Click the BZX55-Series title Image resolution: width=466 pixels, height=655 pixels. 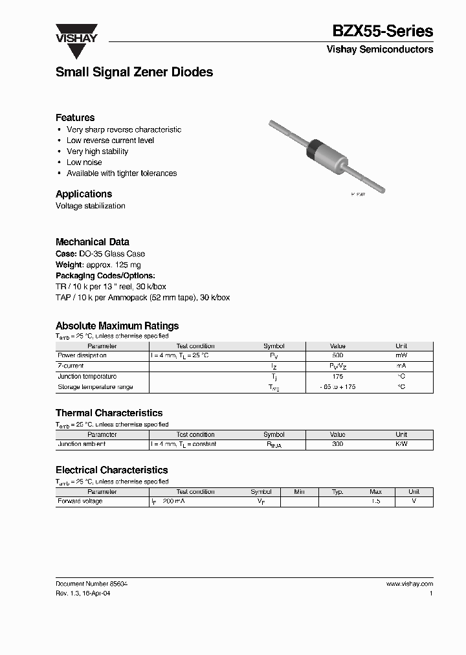(x=383, y=31)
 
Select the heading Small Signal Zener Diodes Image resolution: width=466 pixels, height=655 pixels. (x=134, y=72)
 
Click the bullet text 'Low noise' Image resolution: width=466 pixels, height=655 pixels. (x=84, y=162)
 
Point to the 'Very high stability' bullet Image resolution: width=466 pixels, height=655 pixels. (x=97, y=151)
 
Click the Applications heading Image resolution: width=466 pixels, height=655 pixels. (x=83, y=194)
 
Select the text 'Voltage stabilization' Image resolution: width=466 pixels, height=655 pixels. (x=91, y=206)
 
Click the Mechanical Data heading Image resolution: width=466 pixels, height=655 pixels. (x=92, y=242)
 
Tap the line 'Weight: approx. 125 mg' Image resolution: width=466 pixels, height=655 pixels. (x=98, y=265)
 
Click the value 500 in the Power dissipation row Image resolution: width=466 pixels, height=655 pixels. (x=337, y=356)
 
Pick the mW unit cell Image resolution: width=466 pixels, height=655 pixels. (x=401, y=356)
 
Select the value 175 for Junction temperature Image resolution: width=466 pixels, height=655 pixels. (x=337, y=377)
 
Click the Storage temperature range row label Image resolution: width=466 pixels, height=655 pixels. (x=95, y=387)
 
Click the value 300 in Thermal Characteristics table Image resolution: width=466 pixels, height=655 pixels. (x=337, y=445)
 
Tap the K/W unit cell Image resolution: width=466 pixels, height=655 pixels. (x=401, y=445)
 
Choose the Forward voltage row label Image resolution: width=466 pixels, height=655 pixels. (x=80, y=502)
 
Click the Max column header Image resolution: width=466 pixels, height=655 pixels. (x=375, y=492)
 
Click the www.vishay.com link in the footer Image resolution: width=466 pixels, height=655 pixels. (x=409, y=584)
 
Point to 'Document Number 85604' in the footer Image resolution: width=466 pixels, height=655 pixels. (x=91, y=584)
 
